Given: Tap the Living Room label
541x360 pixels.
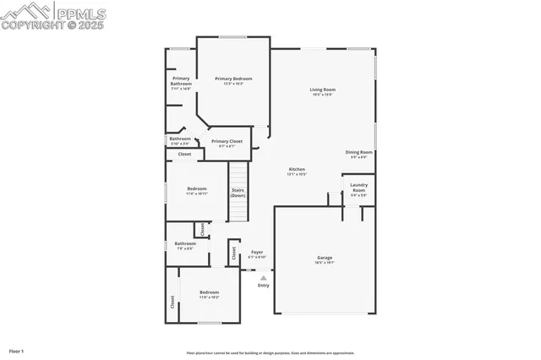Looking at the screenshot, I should [x=322, y=89].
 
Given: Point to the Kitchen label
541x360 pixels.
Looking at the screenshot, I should [x=297, y=169].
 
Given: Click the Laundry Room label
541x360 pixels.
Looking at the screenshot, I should [x=358, y=187].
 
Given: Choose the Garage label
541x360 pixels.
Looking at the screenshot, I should [x=325, y=258].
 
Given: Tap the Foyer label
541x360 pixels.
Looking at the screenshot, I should [x=257, y=252].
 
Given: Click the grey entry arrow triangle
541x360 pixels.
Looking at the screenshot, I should [x=263, y=276].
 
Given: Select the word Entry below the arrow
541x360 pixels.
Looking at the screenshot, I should [x=264, y=285].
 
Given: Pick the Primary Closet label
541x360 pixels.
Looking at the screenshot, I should [x=227, y=141].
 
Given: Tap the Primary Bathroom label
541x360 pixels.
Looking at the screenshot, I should [x=182, y=81].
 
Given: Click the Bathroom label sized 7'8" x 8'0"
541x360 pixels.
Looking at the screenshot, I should [x=185, y=243].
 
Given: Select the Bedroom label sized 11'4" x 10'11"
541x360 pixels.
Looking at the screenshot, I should [x=197, y=188].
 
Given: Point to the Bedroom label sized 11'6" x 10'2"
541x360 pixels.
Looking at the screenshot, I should [x=209, y=292].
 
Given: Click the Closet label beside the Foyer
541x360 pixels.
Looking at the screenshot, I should [x=233, y=252].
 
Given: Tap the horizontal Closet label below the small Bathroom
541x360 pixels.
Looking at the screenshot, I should [x=184, y=154].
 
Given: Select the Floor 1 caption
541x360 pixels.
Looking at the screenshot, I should [x=17, y=351].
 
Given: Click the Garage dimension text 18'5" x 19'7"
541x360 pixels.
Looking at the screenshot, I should [x=325, y=263].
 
